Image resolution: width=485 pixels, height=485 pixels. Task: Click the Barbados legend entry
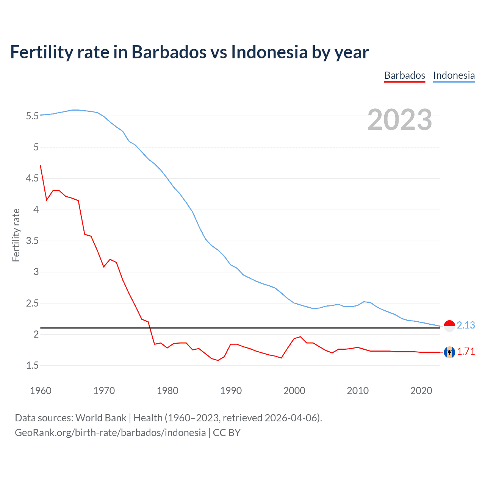point(404,75)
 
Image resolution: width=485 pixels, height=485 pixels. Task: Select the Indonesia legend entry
point(454,75)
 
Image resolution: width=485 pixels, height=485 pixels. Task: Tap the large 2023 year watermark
point(399,120)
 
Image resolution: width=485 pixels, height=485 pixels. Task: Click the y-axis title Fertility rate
point(16,235)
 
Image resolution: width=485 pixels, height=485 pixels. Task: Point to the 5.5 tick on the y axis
point(32,116)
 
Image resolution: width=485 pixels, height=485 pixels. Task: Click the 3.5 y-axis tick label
point(32,241)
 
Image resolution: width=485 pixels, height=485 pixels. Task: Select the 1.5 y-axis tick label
point(32,365)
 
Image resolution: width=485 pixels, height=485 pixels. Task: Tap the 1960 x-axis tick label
point(41,391)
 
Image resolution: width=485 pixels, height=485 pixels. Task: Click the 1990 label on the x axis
point(231,391)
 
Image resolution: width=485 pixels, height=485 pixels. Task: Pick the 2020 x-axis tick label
point(421,391)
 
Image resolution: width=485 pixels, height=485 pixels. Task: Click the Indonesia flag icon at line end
point(449,325)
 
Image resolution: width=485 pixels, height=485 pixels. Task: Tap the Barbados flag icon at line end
point(449,352)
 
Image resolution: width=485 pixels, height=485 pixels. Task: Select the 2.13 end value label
point(466,325)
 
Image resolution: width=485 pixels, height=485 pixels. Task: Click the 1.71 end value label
point(466,352)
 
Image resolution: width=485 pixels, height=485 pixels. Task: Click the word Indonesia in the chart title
point(269,52)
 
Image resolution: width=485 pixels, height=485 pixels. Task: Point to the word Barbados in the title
point(169,52)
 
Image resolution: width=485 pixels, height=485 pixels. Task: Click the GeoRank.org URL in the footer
point(110,433)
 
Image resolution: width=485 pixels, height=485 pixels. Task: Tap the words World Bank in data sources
point(101,418)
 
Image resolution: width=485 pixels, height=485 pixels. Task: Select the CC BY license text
point(227,433)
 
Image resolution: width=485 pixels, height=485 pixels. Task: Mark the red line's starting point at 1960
point(41,165)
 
